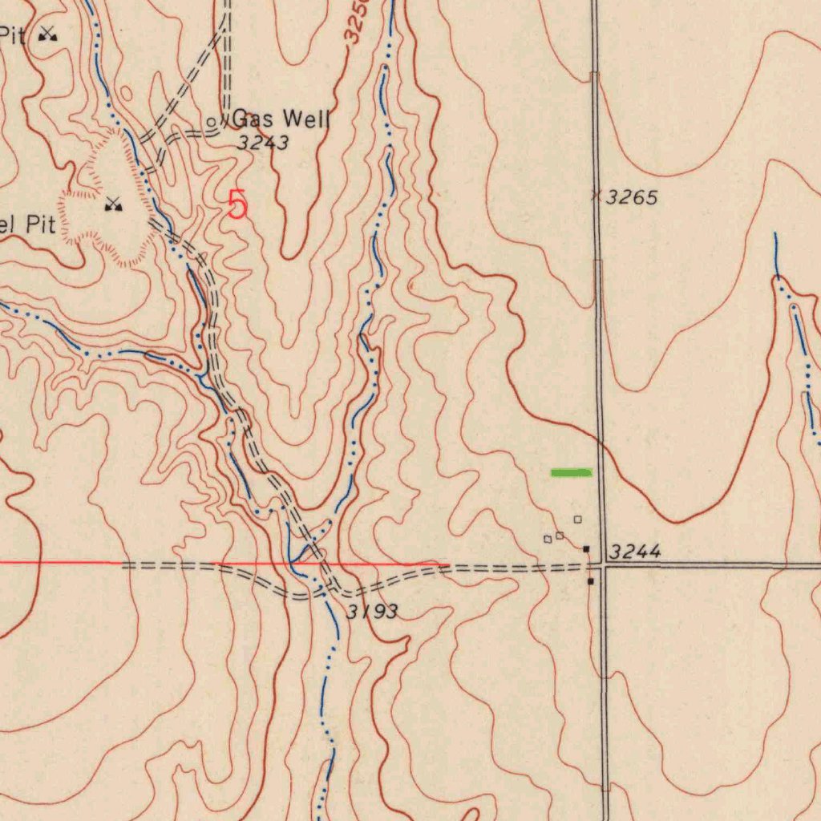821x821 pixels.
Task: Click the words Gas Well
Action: (281, 120)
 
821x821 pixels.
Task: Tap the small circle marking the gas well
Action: (212, 123)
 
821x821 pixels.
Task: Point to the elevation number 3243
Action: (263, 143)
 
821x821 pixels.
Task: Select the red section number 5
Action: (237, 204)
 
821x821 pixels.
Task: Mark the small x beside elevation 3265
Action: (595, 195)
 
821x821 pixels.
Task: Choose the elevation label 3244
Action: (635, 552)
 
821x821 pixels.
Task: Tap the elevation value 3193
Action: (372, 613)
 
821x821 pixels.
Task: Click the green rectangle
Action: (571, 472)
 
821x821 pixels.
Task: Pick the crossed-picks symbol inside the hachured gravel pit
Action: (113, 205)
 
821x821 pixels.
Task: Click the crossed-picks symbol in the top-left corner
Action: (49, 34)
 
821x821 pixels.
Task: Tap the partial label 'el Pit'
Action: (27, 224)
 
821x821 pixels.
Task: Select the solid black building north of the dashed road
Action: (587, 549)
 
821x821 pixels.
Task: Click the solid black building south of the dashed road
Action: (591, 580)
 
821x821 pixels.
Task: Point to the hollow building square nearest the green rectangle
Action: (577, 520)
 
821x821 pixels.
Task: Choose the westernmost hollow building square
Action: (548, 539)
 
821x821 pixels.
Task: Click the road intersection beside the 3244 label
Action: (602, 566)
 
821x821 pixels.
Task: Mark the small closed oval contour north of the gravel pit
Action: (126, 94)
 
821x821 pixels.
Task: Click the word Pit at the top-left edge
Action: (14, 34)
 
